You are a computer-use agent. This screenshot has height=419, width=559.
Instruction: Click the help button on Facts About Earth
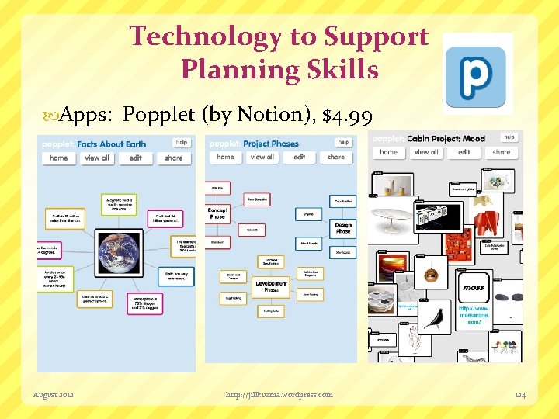(x=182, y=142)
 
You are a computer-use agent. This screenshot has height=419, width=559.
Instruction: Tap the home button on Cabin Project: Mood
(x=389, y=152)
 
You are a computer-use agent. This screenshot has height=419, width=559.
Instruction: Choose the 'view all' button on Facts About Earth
(x=97, y=158)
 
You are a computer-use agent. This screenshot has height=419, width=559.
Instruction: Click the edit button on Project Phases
(x=300, y=157)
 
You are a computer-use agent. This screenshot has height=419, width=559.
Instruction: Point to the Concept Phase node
(x=217, y=213)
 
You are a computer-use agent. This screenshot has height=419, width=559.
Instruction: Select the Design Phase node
(x=343, y=227)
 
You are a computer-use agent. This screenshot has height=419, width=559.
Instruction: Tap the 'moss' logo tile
(x=474, y=287)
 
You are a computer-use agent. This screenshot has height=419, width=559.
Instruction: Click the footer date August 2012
(x=54, y=395)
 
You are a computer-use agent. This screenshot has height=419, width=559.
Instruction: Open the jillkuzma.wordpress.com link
(x=279, y=395)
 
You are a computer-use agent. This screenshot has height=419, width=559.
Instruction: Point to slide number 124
(x=520, y=395)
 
